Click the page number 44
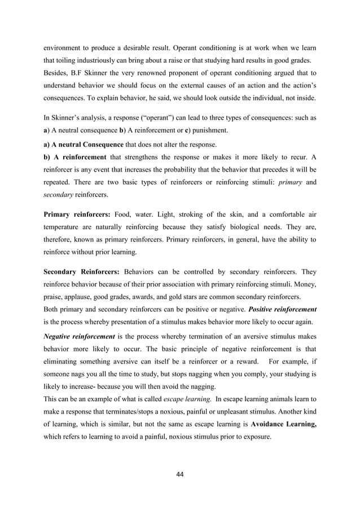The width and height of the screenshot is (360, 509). (179, 473)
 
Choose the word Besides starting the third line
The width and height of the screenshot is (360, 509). (58, 72)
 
